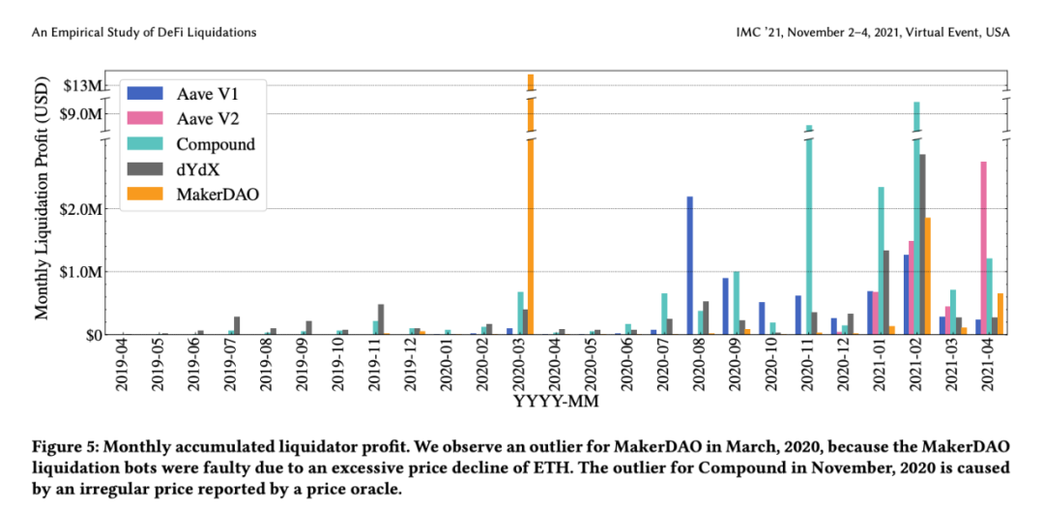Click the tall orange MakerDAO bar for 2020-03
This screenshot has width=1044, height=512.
click(x=530, y=213)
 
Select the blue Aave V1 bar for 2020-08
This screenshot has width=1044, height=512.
click(x=690, y=265)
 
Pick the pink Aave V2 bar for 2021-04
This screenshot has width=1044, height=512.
click(x=984, y=248)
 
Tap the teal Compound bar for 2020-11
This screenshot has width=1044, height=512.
click(x=809, y=232)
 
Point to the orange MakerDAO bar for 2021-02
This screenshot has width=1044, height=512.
click(x=928, y=276)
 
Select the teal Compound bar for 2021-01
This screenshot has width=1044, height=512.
click(x=881, y=260)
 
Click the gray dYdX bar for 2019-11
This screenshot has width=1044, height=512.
click(x=381, y=319)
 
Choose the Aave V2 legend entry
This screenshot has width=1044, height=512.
click(x=208, y=119)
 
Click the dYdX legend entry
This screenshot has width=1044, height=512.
click(x=199, y=169)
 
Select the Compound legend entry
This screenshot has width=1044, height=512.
click(x=216, y=144)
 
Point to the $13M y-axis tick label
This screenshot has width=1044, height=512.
click(x=81, y=86)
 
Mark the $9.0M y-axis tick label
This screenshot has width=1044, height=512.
click(x=81, y=113)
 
